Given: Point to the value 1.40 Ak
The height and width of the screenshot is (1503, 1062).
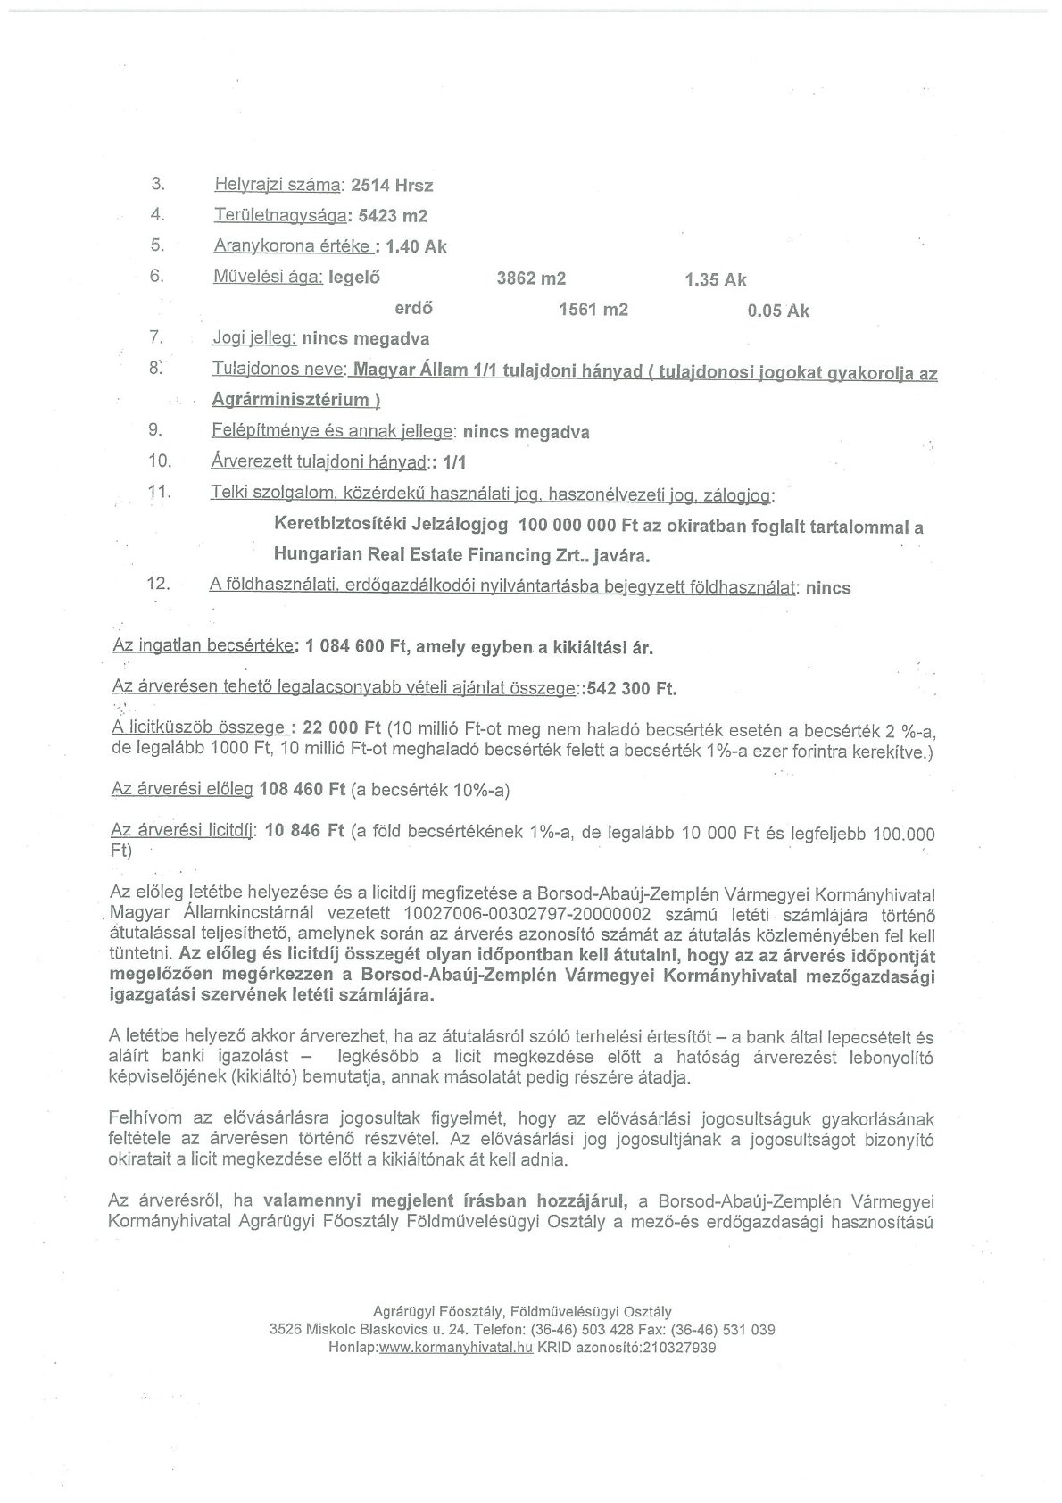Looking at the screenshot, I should tap(416, 246).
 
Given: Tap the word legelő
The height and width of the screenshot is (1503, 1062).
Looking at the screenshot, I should tap(354, 278).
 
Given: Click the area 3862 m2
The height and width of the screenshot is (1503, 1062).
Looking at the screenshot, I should tap(531, 278).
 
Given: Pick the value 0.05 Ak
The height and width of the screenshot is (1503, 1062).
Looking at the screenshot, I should tap(779, 311).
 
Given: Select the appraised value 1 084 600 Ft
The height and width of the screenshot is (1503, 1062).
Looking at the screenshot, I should tap(356, 647).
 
